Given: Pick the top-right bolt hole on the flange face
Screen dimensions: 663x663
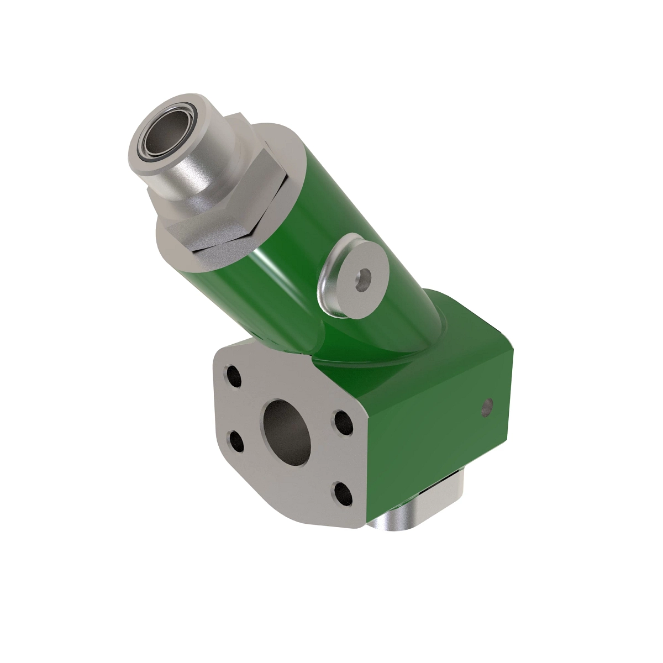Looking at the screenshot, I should coord(343,423).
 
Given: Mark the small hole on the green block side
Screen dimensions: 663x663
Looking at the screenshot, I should coord(487,409).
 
